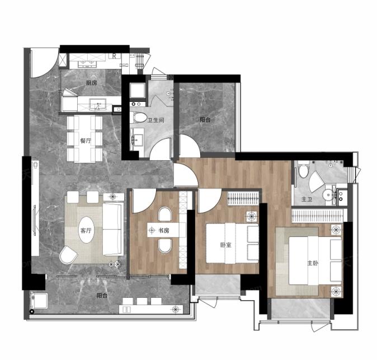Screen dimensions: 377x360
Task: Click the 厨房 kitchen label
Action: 91,83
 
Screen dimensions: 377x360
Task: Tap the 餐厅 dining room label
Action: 86,141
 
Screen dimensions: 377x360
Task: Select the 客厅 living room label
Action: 86,231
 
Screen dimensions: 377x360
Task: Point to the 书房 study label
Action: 164,231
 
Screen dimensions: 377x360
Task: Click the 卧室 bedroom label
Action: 226,245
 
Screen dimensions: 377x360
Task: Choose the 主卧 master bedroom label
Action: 313,263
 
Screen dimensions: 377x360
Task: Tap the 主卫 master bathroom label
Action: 307,199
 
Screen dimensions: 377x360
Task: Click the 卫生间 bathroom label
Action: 156,120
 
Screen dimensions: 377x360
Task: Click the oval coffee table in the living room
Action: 86,230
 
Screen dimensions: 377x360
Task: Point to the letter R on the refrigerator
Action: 115,56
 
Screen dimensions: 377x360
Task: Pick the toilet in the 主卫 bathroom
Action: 303,169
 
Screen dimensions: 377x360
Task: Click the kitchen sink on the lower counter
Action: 98,104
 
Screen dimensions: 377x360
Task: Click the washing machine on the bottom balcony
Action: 39,301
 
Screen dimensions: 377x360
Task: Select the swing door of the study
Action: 144,201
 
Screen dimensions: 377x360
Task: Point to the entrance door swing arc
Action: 45,63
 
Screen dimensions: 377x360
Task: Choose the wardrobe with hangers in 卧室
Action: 243,199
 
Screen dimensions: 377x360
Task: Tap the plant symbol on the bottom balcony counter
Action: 176,309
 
